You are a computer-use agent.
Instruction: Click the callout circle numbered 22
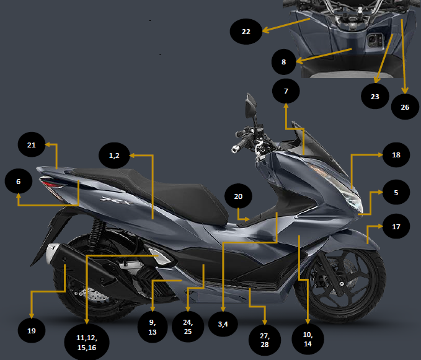246,31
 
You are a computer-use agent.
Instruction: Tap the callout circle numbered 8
285,62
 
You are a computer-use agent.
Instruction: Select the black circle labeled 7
285,91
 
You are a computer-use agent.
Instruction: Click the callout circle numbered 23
374,97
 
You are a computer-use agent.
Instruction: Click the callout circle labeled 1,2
114,156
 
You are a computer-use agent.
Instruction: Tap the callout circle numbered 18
396,155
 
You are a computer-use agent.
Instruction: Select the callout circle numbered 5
396,193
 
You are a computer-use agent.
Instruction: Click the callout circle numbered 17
396,227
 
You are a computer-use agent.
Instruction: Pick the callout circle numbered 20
238,196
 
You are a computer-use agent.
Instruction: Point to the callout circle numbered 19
32,330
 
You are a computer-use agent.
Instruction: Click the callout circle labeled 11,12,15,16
86,340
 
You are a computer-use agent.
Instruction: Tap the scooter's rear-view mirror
251,105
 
